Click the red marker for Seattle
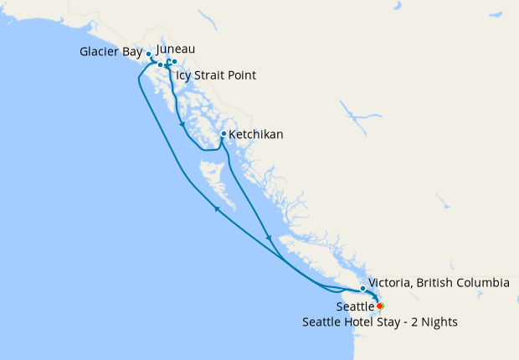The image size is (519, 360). point(380,306)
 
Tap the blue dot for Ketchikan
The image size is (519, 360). point(223,134)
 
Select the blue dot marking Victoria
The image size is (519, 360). point(362,289)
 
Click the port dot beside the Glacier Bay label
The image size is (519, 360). point(149,54)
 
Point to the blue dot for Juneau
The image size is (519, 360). point(173,62)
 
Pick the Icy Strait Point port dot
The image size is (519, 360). point(160,64)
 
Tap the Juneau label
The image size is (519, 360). point(176,49)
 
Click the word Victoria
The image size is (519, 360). point(392,283)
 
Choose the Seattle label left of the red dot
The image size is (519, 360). point(355,306)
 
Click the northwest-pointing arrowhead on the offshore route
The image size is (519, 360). point(217,208)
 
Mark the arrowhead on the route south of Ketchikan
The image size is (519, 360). point(269,239)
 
